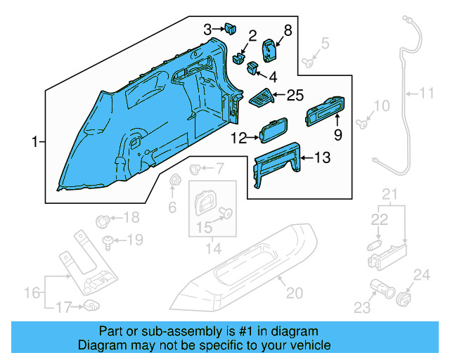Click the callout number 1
tap(34, 143)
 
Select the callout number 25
tap(297, 95)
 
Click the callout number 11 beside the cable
tap(428, 92)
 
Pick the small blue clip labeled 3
tap(229, 29)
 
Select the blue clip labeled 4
tap(251, 67)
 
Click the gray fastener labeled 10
tap(361, 124)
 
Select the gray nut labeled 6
tap(174, 184)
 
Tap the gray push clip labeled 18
tap(103, 219)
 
